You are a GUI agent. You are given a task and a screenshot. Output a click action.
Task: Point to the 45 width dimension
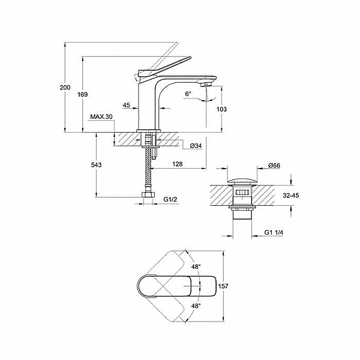(127, 106)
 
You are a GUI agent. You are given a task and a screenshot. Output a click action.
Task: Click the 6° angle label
(188, 94)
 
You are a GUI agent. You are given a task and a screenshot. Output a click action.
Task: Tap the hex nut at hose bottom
(146, 196)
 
